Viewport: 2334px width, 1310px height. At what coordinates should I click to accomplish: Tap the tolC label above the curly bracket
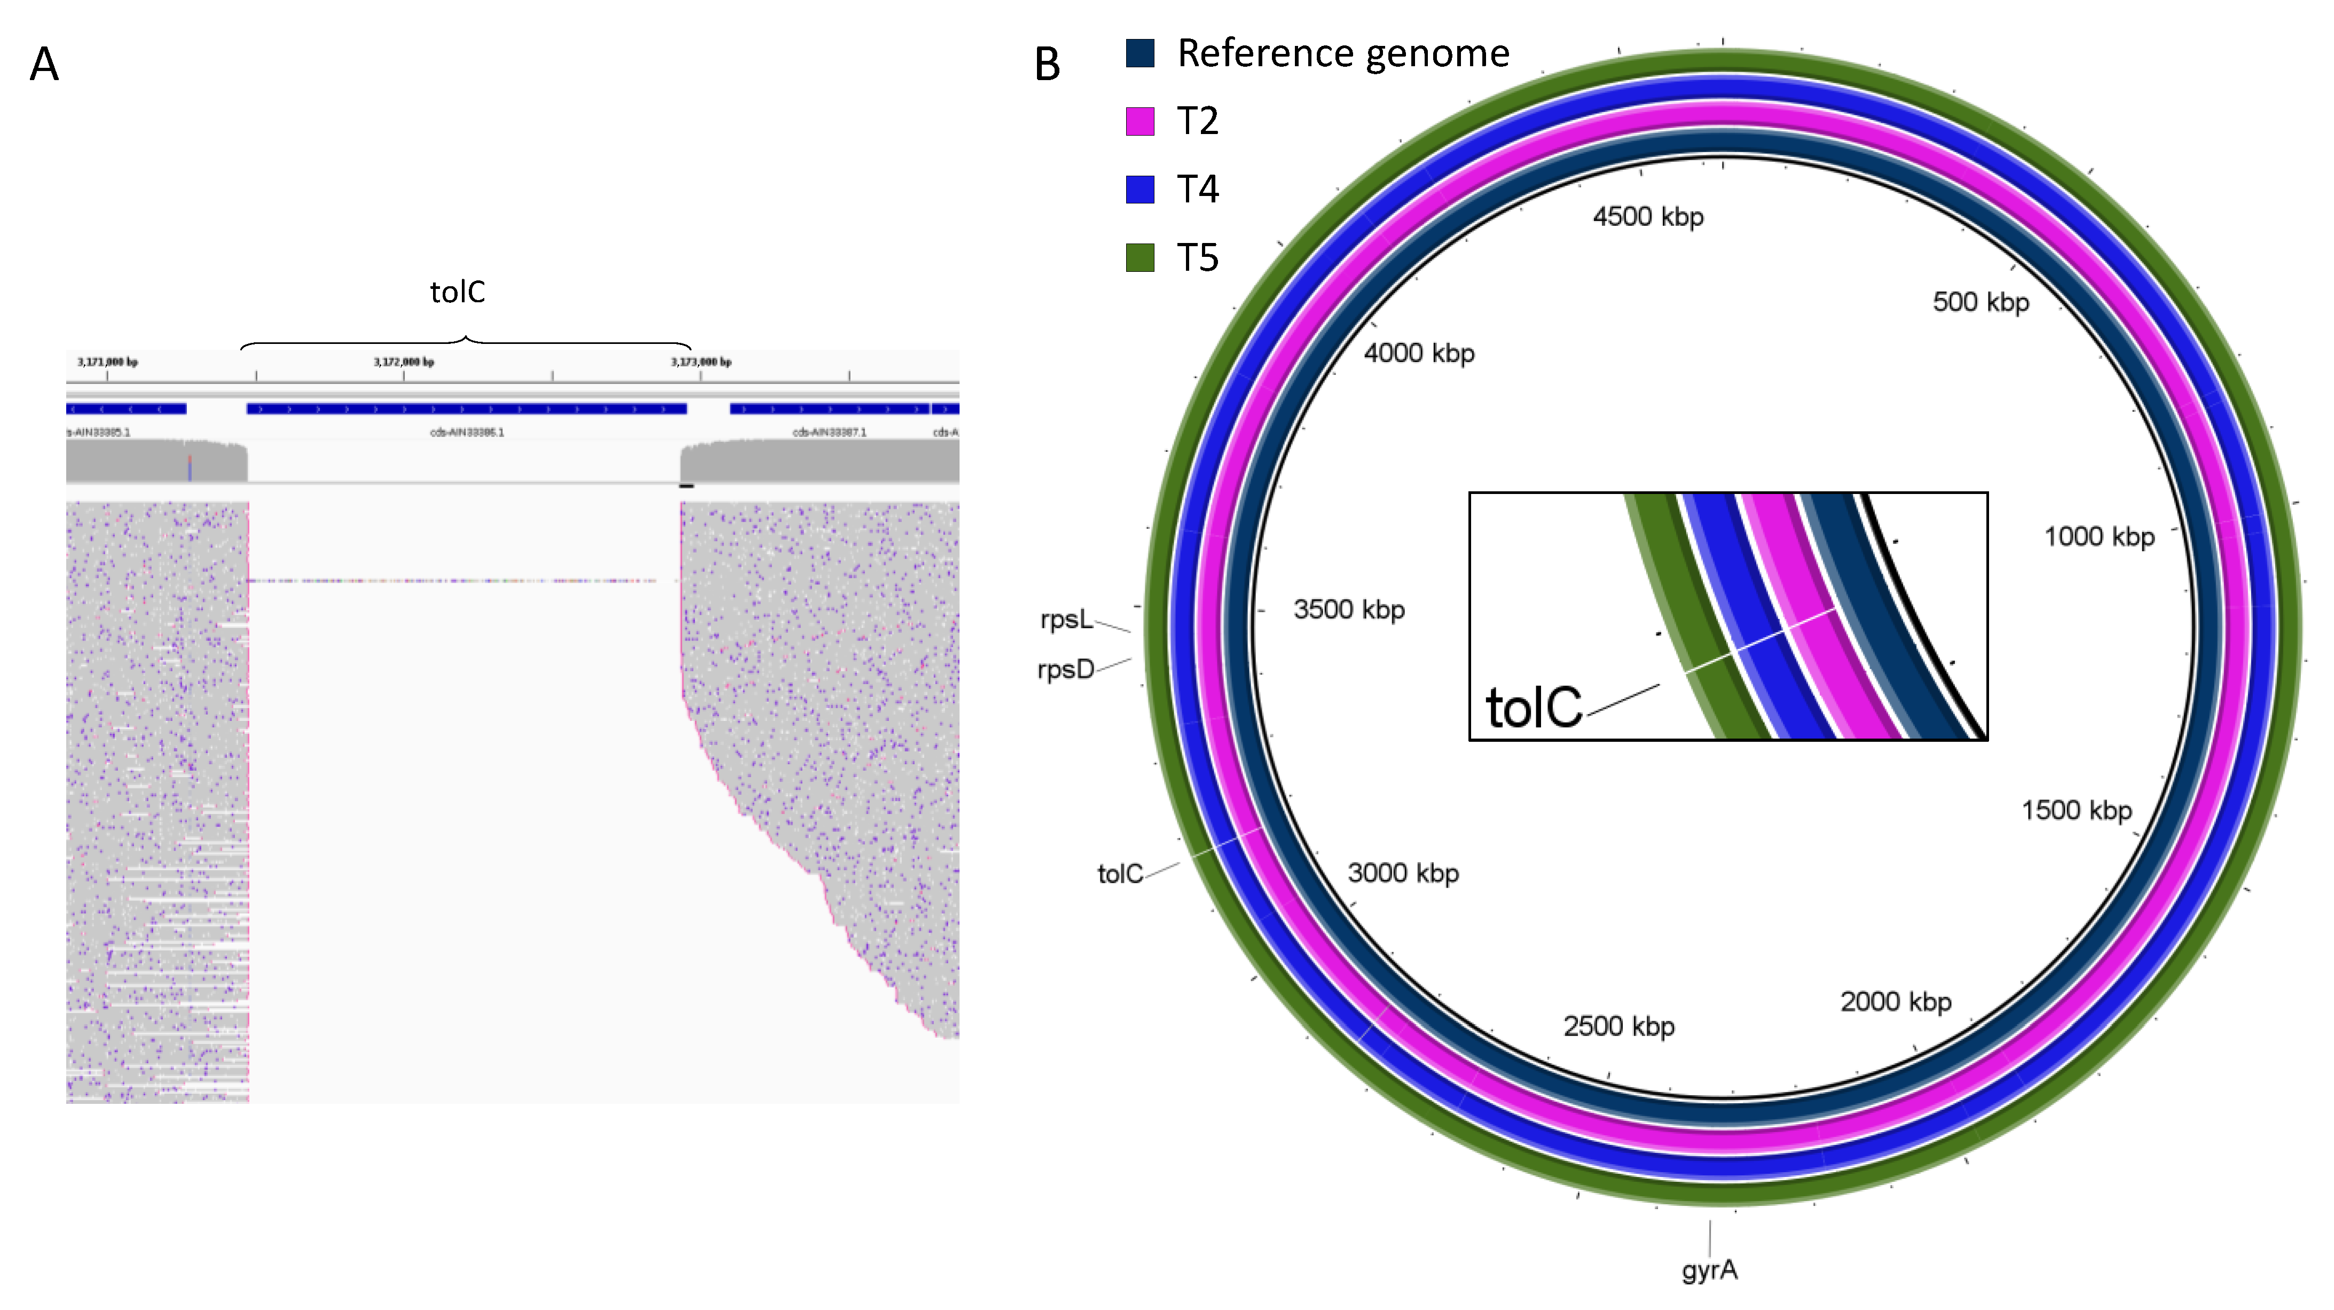(458, 292)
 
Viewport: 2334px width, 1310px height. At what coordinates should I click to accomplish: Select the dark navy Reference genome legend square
(1140, 52)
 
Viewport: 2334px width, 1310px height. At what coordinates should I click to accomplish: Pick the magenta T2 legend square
(1140, 121)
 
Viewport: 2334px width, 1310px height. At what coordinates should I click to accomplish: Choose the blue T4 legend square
(1140, 190)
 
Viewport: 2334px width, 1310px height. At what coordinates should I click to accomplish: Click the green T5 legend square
(1140, 257)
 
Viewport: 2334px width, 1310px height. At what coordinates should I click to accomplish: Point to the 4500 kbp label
(1648, 216)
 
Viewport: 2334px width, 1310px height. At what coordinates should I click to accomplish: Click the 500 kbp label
(1981, 302)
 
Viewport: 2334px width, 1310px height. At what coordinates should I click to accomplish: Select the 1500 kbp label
(2077, 810)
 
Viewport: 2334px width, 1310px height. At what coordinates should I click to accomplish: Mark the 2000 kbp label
(1896, 1001)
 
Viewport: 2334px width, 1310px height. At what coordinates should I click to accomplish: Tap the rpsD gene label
(1065, 670)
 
